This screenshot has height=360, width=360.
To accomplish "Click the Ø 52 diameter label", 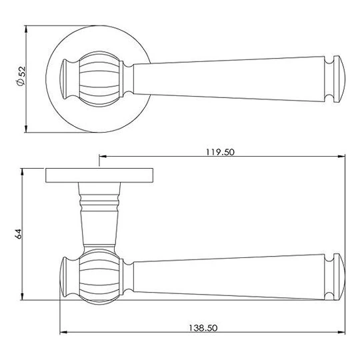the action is tap(21, 76).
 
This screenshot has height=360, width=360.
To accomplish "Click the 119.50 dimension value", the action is tap(220, 152).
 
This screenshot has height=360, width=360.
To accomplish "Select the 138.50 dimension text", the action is tap(203, 328).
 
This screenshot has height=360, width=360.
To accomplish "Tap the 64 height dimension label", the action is tap(19, 234).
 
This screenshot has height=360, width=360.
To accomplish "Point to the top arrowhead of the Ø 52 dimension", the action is tap(26, 29).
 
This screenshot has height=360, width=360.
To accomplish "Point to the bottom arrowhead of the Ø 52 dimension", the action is tap(26, 129).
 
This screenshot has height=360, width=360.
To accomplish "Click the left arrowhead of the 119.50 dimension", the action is tap(103, 157).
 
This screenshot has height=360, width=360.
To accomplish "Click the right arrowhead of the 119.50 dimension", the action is tap(341, 157).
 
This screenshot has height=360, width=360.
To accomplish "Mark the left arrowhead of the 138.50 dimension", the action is tap(63, 332).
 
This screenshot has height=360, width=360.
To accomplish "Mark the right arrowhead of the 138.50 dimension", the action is tap(341, 332).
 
